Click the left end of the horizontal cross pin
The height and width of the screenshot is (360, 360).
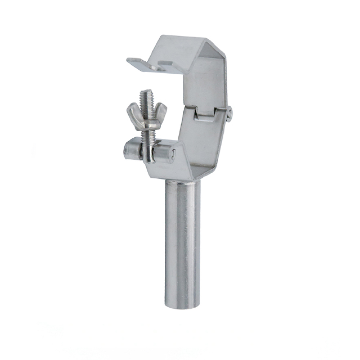click(x=127, y=151)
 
